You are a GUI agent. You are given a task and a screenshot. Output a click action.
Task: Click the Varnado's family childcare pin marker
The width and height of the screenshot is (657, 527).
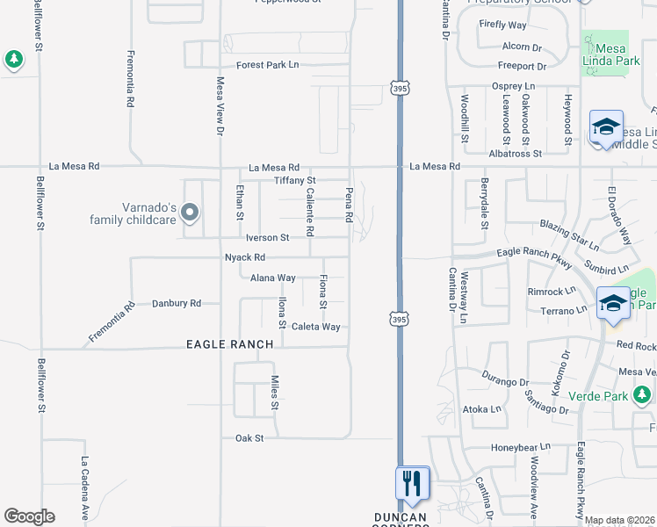191,212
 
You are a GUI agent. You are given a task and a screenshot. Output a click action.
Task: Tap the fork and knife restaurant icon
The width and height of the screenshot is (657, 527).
411,482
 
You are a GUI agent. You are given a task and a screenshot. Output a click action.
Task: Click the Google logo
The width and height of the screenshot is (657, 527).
29,516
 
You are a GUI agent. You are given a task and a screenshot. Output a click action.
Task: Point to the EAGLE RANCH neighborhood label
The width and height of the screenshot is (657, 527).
230,345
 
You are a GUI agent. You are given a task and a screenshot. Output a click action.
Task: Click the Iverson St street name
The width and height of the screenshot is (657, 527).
267,237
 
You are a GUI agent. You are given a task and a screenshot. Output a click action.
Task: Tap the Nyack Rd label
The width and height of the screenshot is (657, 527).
244,257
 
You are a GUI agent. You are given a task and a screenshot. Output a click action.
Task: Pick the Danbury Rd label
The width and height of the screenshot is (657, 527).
177,303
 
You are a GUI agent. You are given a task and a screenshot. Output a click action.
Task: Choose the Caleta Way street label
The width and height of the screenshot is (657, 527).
315,327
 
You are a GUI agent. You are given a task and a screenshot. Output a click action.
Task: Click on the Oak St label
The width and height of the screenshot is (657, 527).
249,437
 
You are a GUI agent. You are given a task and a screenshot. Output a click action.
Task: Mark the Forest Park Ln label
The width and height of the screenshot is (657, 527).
268,65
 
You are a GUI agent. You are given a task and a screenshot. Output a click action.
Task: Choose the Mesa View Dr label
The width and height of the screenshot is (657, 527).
220,105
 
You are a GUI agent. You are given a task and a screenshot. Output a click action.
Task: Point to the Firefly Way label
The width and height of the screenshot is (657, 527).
502,25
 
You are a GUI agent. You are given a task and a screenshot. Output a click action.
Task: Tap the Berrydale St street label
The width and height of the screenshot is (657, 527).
484,204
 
